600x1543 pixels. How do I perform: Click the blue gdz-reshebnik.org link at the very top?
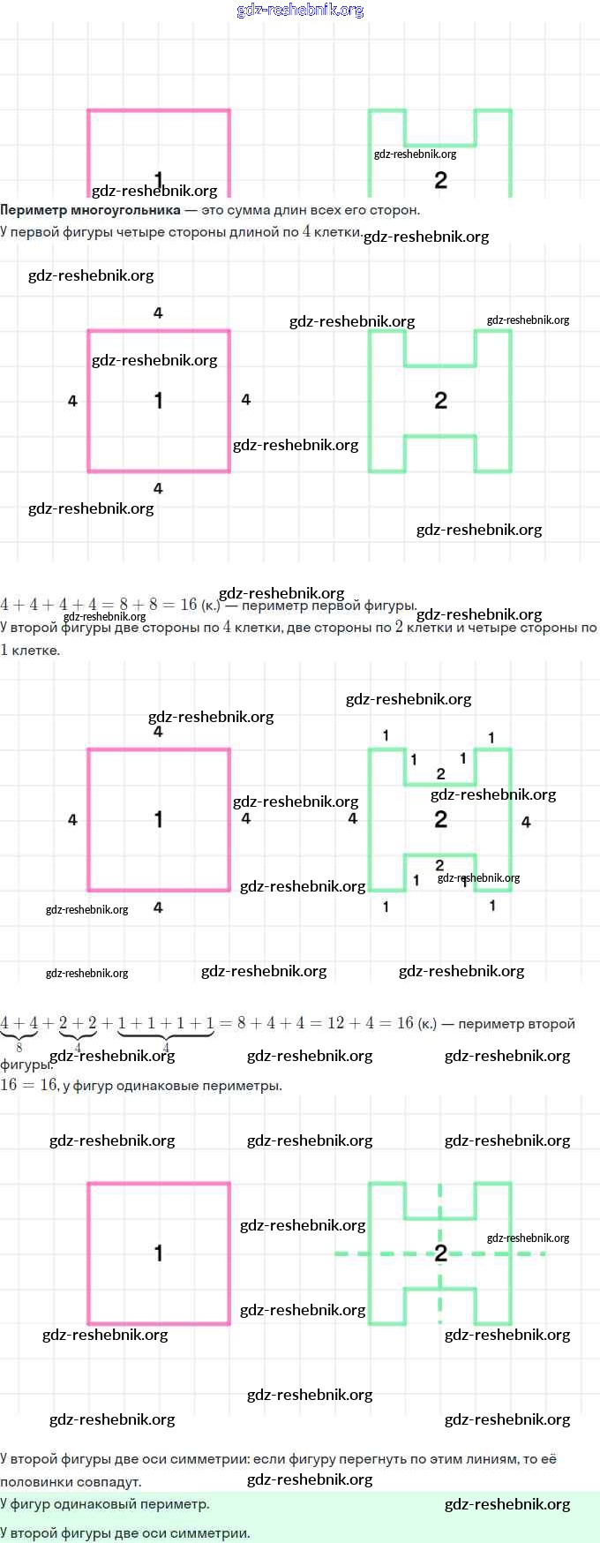(300, 11)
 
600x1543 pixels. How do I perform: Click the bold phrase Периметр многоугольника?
(90, 210)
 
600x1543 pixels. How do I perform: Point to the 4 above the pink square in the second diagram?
(158, 312)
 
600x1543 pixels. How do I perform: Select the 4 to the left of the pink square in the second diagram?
(72, 401)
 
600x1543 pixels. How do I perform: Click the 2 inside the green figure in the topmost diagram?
(440, 180)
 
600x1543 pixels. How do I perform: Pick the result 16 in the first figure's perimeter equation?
(189, 605)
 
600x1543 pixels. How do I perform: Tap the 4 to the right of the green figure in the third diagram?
(526, 822)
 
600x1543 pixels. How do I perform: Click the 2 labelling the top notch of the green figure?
(440, 774)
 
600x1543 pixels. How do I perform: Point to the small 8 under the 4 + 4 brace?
(19, 1048)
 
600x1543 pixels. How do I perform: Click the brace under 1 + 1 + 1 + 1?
(166, 1035)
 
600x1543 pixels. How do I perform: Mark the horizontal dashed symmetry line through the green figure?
(371, 1253)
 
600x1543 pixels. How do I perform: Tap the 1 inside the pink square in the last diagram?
(158, 1253)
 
